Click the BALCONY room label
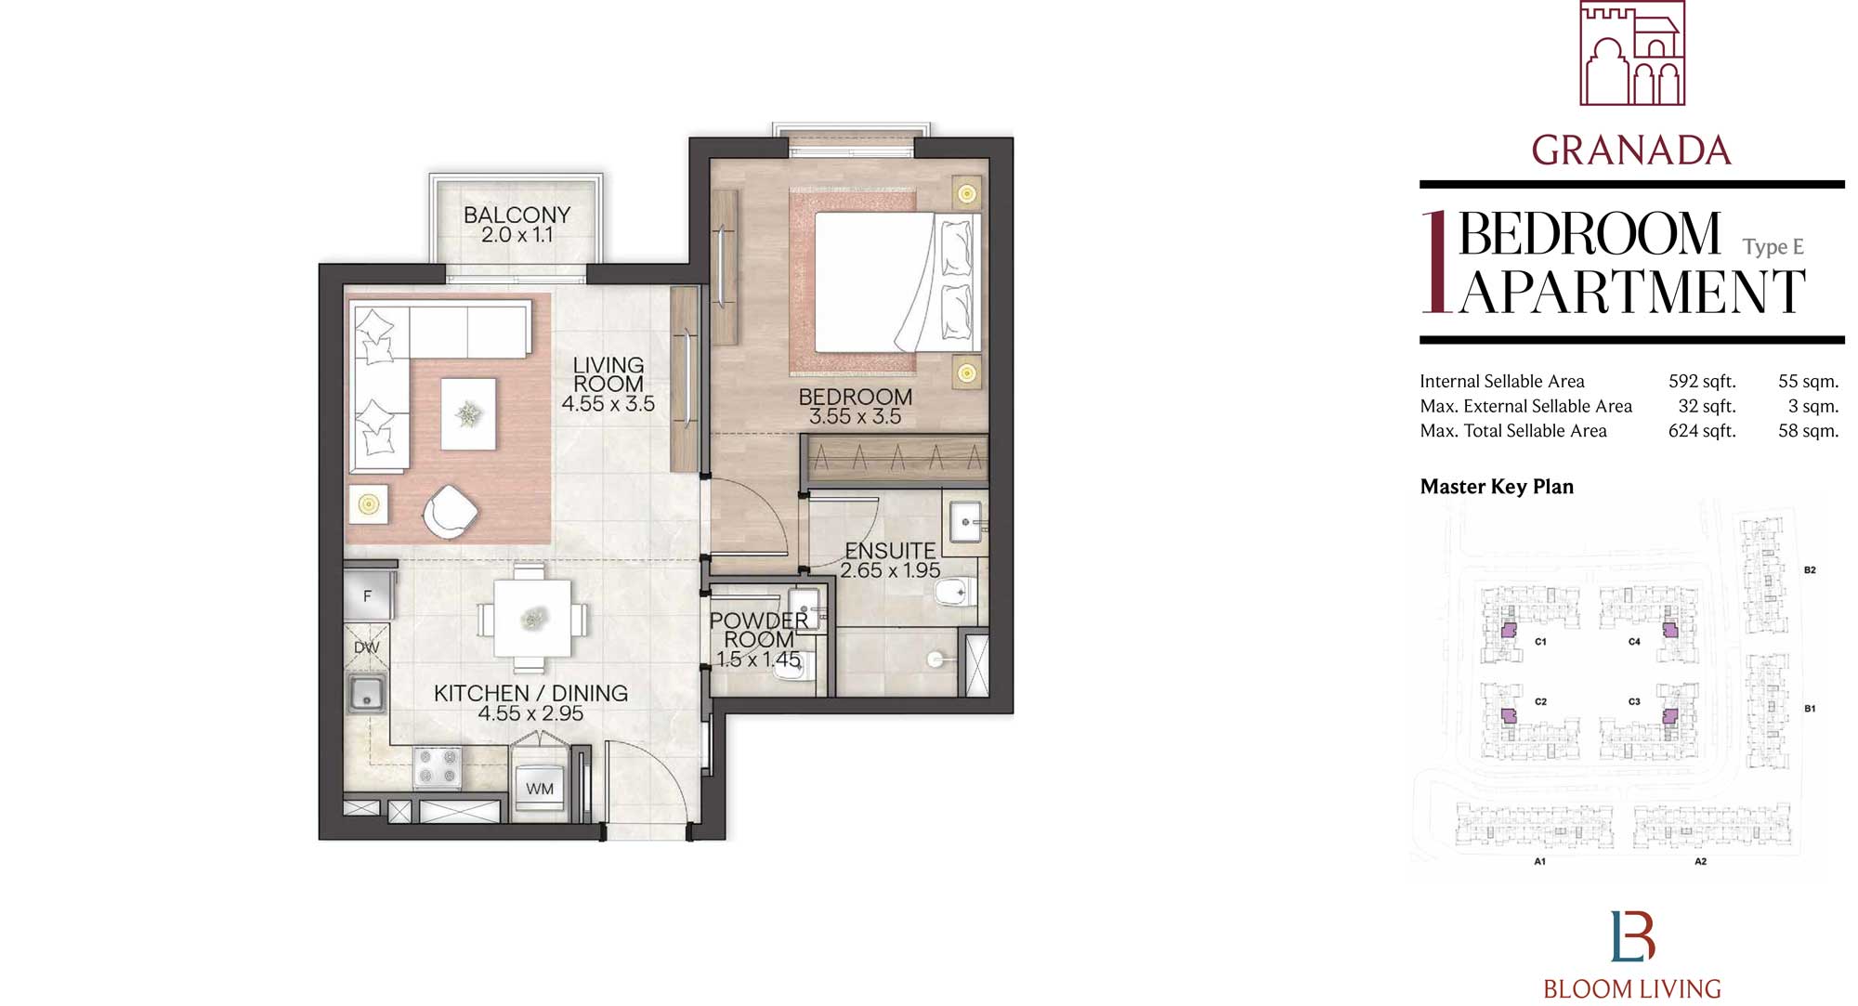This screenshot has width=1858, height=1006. coord(517,215)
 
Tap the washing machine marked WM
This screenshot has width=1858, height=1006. coord(540,789)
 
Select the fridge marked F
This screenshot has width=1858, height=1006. coord(367,596)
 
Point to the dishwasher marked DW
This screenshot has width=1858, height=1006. coord(366,647)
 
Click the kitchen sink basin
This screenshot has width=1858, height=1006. coord(367,693)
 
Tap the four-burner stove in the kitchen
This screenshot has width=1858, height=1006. coord(438,767)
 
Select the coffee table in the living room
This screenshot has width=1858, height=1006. coord(468,413)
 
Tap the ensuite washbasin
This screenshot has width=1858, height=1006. coord(966,521)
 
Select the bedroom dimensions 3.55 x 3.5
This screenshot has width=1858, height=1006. coord(855,417)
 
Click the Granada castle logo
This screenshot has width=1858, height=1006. coord(1631,53)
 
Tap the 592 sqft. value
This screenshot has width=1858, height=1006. coord(1701,381)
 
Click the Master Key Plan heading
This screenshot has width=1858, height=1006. coord(1497,487)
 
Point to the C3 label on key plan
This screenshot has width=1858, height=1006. coord(1634,702)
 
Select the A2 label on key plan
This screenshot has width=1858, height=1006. coord(1700,862)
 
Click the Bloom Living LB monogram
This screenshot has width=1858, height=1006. coord(1632,936)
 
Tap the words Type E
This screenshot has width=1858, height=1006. coord(1773,247)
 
